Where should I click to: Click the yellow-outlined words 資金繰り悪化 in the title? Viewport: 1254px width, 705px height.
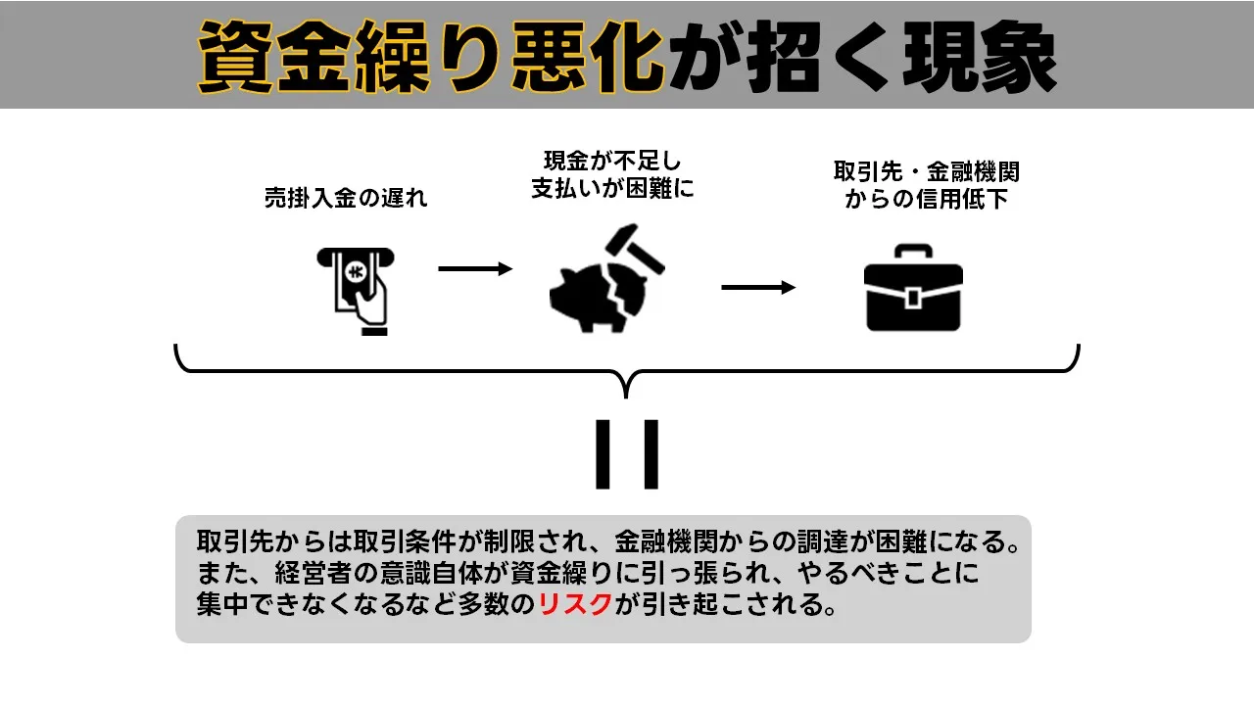click(x=431, y=56)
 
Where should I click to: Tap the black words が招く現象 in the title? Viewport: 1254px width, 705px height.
click(x=862, y=56)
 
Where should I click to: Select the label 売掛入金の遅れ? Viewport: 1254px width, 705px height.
click(x=346, y=198)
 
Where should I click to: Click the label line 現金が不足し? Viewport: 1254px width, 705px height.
click(x=612, y=162)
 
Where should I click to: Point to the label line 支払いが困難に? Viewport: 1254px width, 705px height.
click(x=612, y=189)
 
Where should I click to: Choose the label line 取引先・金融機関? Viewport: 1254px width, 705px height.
click(x=926, y=172)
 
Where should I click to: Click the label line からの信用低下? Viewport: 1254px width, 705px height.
click(x=926, y=200)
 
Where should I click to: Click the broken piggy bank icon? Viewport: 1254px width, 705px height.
click(x=591, y=297)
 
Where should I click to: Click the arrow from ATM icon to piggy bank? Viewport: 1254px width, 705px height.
click(x=475, y=268)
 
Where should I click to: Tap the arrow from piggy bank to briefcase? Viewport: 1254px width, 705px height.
click(x=758, y=287)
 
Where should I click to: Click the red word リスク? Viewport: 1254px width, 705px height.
click(x=576, y=604)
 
